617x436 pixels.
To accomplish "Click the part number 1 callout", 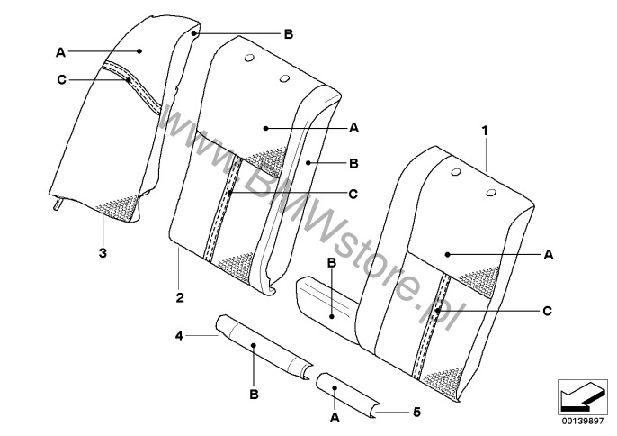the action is [x=485, y=131].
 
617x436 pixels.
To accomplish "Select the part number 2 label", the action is [x=180, y=297].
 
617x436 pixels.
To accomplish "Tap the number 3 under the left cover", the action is [x=103, y=253].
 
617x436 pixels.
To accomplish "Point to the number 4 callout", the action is [x=179, y=336].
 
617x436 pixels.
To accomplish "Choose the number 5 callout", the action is [x=416, y=413].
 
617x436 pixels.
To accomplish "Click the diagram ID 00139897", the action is [x=583, y=421].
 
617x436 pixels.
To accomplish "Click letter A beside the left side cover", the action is [x=60, y=52].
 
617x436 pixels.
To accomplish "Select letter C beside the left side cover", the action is [x=62, y=80].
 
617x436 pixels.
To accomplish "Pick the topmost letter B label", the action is [x=289, y=34].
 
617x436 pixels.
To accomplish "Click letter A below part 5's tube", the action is [x=335, y=417].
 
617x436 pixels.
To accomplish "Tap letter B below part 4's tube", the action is [x=255, y=394].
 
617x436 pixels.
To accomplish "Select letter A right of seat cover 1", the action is [x=549, y=255].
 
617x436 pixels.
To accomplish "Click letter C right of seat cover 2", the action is [x=353, y=194].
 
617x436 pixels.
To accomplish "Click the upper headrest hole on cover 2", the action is [x=249, y=58].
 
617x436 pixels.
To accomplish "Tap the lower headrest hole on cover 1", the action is [x=491, y=193].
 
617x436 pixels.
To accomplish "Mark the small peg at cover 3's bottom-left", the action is [x=58, y=204].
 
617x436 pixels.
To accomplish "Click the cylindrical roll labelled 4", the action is [x=264, y=348].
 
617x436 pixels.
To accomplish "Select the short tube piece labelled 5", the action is [x=348, y=395].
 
